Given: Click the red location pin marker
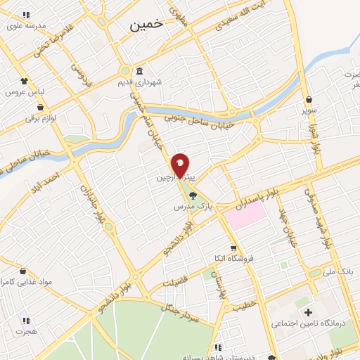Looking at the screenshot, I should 180,164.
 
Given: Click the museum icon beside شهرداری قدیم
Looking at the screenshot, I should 139,72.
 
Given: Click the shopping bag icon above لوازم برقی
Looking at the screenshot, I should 40,108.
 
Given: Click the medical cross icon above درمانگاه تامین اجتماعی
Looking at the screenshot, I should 307,311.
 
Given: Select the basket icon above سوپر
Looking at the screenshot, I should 309,99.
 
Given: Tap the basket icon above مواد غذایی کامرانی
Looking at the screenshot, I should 23,270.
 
